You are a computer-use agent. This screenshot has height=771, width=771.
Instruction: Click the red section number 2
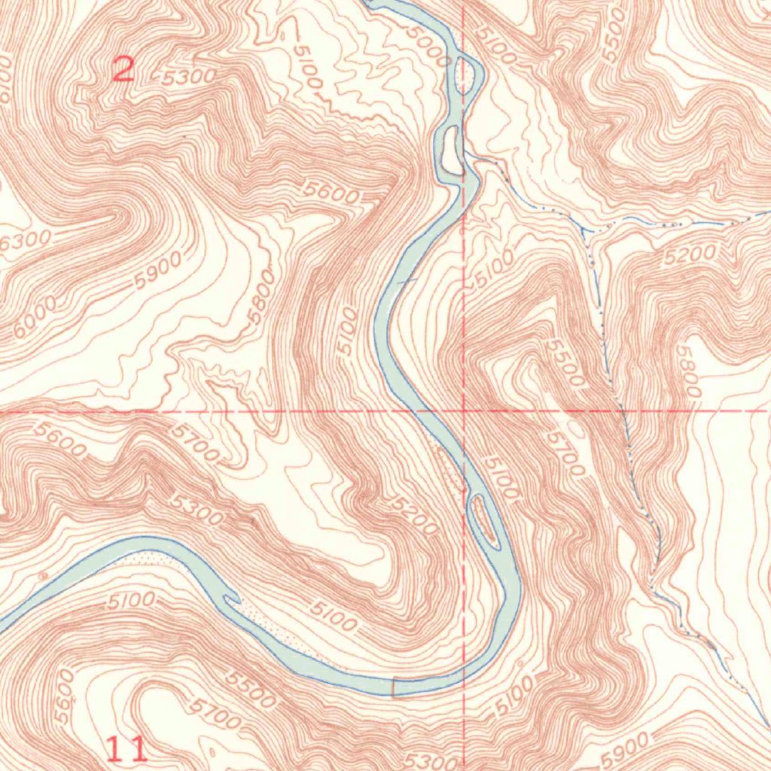click(x=123, y=70)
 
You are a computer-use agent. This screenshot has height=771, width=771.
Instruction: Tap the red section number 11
click(x=126, y=749)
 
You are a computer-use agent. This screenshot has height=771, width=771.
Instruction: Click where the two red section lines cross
click(x=463, y=411)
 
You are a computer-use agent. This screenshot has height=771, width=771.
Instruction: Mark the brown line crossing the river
click(x=394, y=687)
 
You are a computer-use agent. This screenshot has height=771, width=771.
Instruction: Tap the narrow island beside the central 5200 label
click(x=483, y=518)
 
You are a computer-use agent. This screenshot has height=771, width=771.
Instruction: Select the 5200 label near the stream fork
click(x=690, y=255)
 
